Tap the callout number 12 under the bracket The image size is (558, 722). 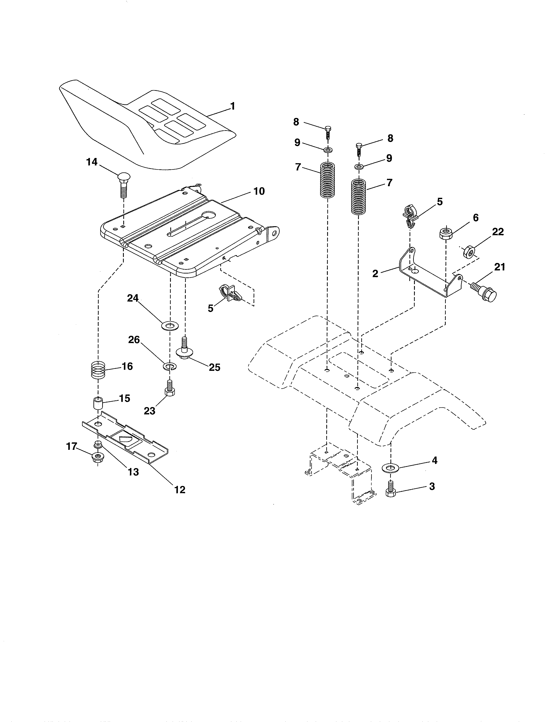pyautogui.click(x=180, y=490)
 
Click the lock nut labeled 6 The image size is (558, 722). pyautogui.click(x=446, y=233)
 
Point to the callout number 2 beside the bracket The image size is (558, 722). pyautogui.click(x=375, y=274)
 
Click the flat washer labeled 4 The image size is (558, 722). pyautogui.click(x=390, y=468)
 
